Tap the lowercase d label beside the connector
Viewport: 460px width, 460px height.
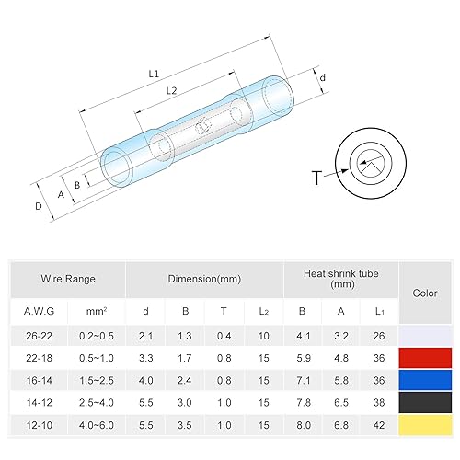tap(323, 80)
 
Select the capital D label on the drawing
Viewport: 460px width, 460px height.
tap(38, 206)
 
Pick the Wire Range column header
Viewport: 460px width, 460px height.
tap(67, 278)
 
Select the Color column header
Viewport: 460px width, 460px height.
tap(425, 293)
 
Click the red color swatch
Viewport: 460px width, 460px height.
tap(425, 357)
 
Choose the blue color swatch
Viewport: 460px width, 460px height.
tap(425, 379)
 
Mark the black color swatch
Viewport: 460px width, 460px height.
tap(425, 402)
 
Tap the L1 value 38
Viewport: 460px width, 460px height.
tap(380, 402)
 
